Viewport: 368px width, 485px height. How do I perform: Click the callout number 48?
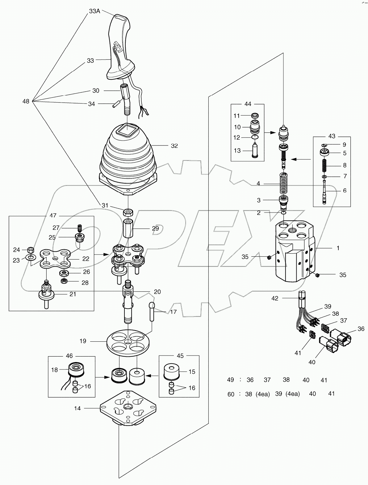(26, 101)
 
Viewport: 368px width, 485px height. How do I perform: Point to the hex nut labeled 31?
(128, 212)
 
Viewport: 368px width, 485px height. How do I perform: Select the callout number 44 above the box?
(248, 104)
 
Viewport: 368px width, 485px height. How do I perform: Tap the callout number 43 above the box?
(332, 136)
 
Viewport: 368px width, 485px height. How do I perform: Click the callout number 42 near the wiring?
(274, 298)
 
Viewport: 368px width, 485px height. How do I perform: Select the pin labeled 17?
(153, 312)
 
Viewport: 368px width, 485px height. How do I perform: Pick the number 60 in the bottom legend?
(231, 394)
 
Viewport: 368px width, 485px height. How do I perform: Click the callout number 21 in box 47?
(73, 294)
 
